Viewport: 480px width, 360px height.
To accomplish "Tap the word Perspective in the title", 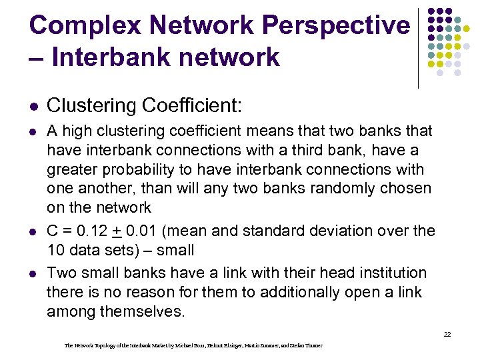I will (x=337, y=26).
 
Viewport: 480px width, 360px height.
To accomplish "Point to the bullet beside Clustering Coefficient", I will (x=33, y=106).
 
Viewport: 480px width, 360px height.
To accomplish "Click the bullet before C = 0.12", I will (x=33, y=232).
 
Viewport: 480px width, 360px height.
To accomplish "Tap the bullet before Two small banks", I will (x=33, y=274).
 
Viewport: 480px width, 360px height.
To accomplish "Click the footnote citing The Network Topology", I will (x=193, y=345).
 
